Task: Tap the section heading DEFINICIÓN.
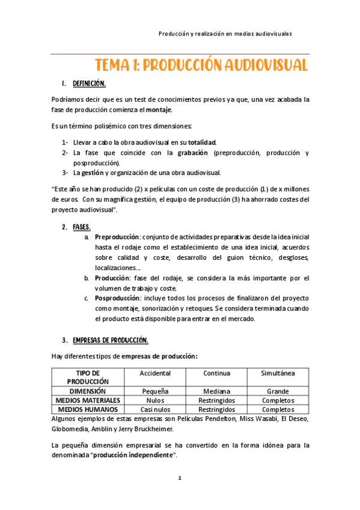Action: point(89,84)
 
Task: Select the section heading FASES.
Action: point(81,227)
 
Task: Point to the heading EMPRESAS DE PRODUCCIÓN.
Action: point(110,340)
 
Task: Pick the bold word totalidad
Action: point(201,142)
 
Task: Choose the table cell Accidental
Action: point(155,373)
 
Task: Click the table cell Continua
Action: point(216,373)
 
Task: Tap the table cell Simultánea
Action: point(278,373)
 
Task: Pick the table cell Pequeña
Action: point(155,391)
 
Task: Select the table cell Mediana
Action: point(216,391)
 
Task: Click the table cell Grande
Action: point(278,391)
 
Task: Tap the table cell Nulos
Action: point(155,400)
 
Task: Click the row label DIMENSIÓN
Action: point(88,391)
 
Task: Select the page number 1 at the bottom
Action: point(179,479)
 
